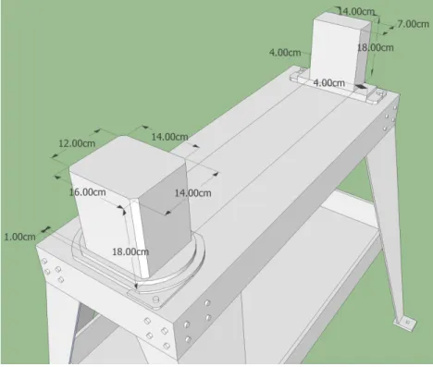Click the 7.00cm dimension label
[x=413, y=24]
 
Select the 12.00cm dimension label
[x=77, y=143]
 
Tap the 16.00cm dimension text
[x=87, y=192]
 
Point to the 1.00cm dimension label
[x=20, y=237]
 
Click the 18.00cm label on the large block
[x=130, y=251]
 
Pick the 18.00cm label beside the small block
[x=376, y=47]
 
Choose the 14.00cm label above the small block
[x=357, y=12]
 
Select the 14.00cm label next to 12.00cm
[x=169, y=137]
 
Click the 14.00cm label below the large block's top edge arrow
[x=193, y=193]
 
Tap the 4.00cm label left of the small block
[x=285, y=53]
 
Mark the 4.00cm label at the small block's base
[x=328, y=83]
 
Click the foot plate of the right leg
[x=405, y=323]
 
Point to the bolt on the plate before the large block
[x=156, y=300]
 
